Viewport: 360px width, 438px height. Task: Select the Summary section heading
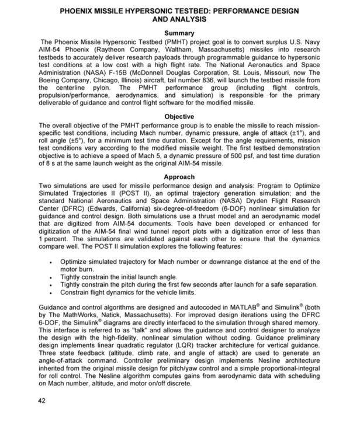click(179, 33)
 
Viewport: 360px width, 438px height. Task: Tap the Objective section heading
click(179, 117)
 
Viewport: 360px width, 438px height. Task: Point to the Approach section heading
click(179, 176)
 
